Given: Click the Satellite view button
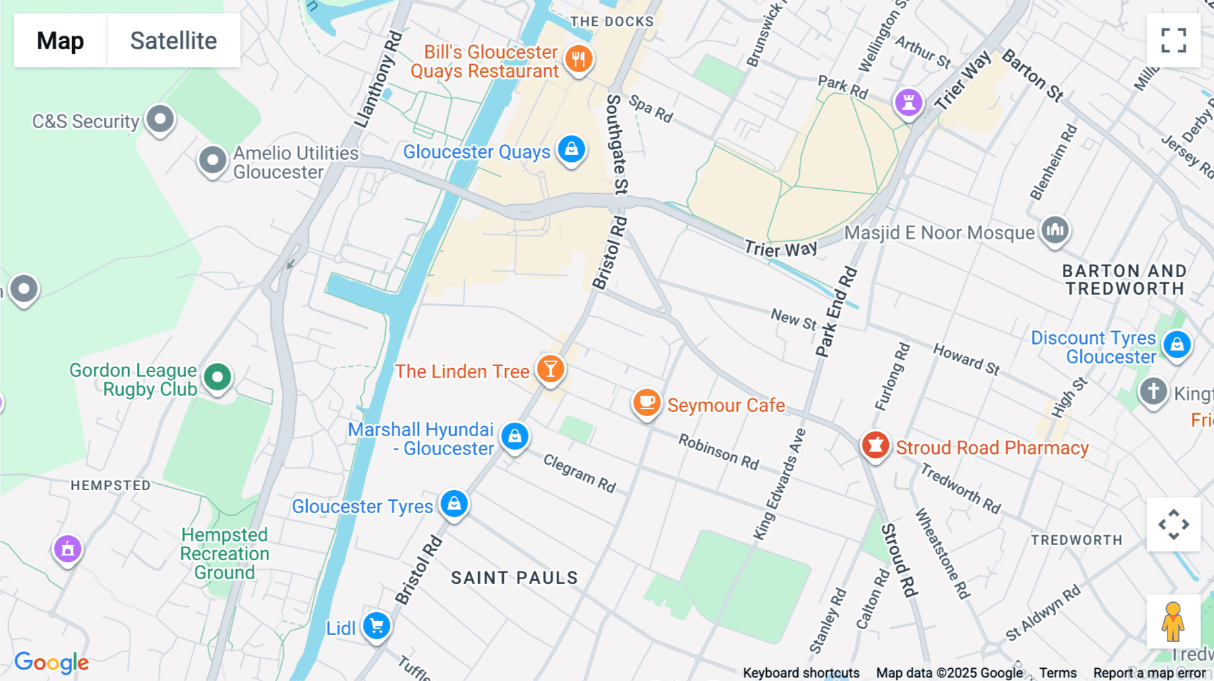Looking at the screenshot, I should point(173,40).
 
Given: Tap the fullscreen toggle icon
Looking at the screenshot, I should point(1174,40).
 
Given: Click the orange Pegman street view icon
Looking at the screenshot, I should point(1173,622).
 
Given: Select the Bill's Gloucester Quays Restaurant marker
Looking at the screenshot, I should point(578,59).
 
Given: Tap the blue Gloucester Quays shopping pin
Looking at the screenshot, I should point(571,150).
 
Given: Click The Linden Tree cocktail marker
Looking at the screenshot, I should point(550,369).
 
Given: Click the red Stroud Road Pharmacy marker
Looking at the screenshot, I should point(875,446).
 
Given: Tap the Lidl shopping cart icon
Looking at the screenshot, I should point(376,626).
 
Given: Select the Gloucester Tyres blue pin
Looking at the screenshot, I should point(454,504).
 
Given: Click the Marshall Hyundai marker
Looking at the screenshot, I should point(515,437).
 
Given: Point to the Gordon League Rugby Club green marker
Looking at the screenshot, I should point(217,378).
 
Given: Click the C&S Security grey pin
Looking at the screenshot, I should point(160,120).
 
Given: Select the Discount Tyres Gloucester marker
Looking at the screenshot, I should point(1177,345).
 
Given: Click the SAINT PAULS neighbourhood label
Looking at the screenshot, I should point(514,578).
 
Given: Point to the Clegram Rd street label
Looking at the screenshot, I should point(579,473).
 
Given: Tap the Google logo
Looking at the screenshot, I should point(51,662).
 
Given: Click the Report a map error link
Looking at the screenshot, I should point(1149,673).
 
